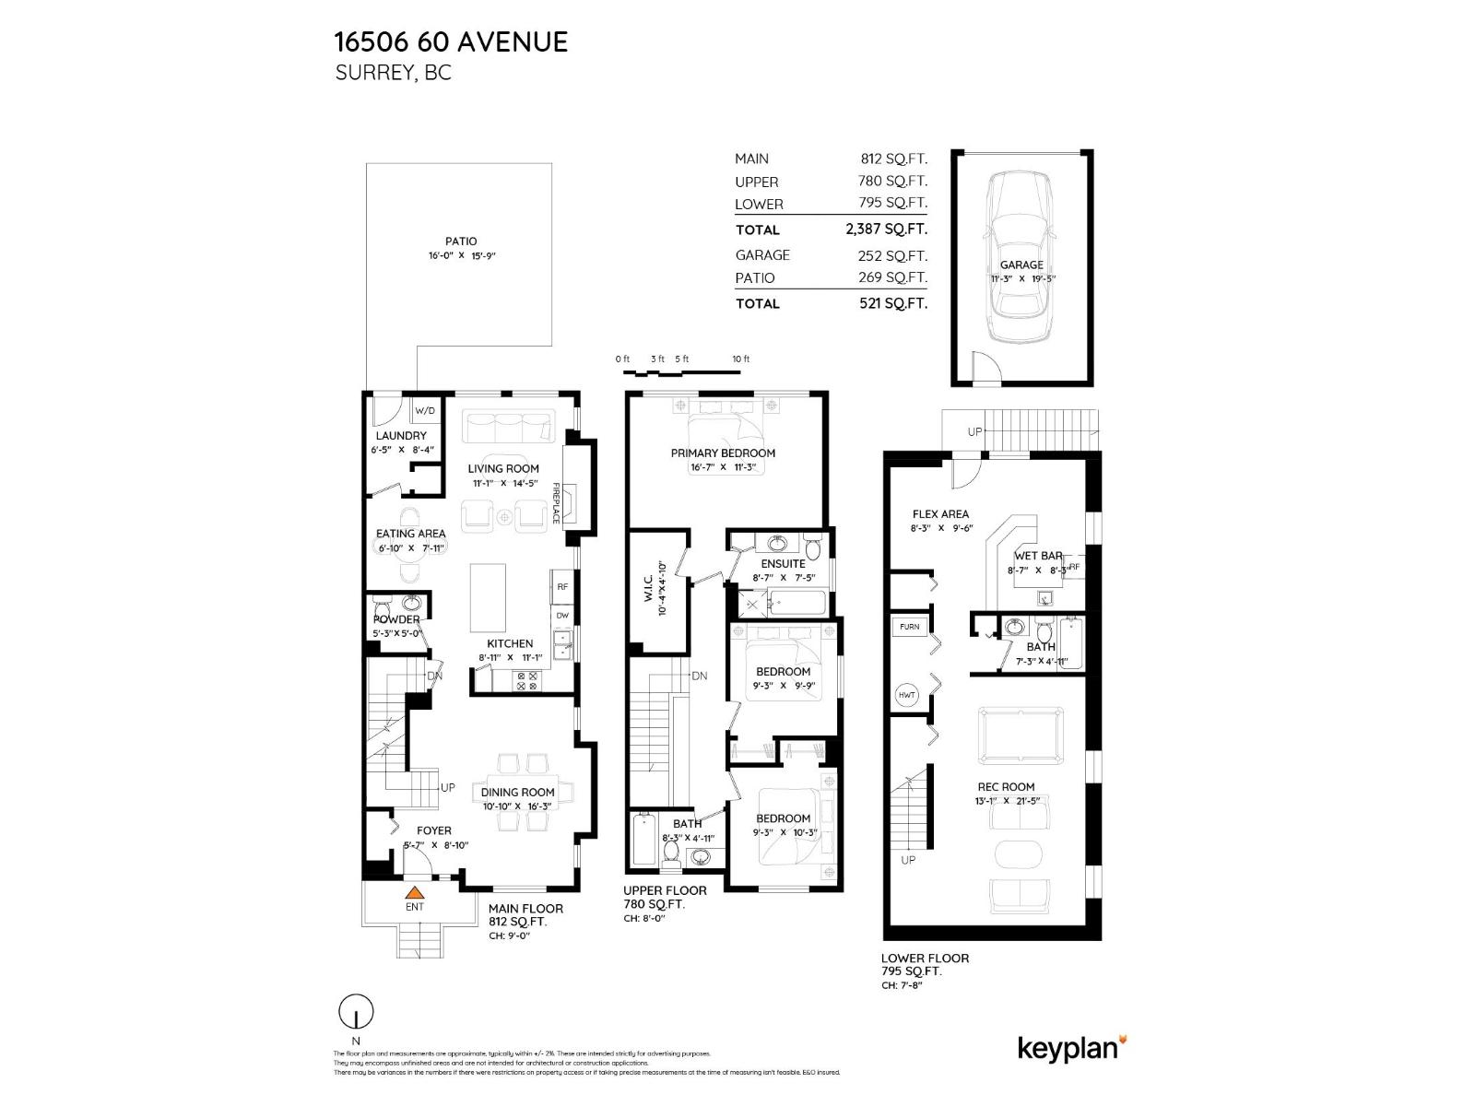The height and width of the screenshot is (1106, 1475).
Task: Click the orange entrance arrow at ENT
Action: click(x=415, y=892)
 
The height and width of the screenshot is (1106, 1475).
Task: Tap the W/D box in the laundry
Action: click(x=425, y=410)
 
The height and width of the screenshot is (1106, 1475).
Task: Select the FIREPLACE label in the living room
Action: click(x=557, y=503)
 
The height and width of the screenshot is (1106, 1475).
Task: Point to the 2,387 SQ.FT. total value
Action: click(x=886, y=229)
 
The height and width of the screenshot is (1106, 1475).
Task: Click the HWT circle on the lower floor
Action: click(x=907, y=695)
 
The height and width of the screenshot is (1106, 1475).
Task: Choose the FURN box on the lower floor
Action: click(x=909, y=627)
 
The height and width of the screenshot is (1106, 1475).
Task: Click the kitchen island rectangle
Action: click(x=488, y=596)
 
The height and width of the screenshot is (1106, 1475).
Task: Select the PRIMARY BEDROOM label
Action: click(x=723, y=453)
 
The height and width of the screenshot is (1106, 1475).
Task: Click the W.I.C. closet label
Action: click(x=649, y=587)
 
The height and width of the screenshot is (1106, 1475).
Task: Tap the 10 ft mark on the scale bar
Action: click(x=740, y=359)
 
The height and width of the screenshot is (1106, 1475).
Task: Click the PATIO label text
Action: click(x=461, y=241)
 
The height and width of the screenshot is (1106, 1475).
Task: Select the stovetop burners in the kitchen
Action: click(x=527, y=680)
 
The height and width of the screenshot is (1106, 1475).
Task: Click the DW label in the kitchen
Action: click(x=562, y=615)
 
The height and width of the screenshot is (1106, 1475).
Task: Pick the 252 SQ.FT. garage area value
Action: click(x=892, y=255)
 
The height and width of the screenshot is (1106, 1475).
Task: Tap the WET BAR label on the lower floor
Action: click(x=1038, y=556)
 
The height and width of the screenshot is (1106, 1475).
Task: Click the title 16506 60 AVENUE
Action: click(x=451, y=41)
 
